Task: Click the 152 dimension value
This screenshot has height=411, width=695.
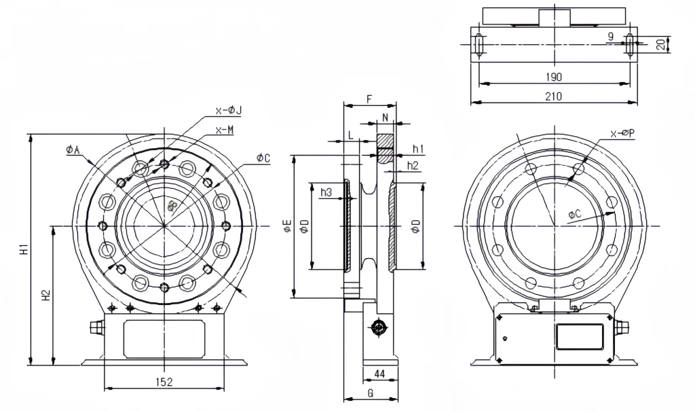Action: pos(163,382)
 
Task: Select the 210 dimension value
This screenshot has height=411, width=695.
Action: pos(553,96)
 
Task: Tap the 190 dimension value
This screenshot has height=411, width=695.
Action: pos(553,77)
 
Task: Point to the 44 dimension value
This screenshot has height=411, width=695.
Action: pos(379,374)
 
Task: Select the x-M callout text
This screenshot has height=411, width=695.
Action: pos(225,130)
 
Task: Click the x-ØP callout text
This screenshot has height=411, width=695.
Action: pos(622,133)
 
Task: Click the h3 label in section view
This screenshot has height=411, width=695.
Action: pos(326,192)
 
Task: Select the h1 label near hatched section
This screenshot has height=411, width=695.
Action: pos(418,149)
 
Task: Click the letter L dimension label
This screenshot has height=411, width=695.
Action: pos(350,135)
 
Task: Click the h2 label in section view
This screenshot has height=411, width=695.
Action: pos(412,166)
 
